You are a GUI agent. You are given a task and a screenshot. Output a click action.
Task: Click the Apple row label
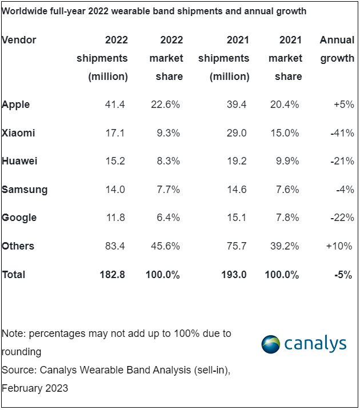[16, 104]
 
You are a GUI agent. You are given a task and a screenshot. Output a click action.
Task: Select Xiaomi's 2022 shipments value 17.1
[115, 133]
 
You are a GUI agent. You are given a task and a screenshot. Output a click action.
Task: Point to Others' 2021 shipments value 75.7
[235, 246]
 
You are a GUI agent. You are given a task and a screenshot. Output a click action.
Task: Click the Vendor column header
[19, 40]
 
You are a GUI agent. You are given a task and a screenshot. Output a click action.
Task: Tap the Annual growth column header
[337, 49]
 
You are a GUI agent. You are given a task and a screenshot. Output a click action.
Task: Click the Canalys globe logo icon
[271, 344]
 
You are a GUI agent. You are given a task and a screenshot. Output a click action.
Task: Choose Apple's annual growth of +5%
[344, 104]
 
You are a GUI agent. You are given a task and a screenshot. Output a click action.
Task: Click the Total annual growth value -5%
[344, 275]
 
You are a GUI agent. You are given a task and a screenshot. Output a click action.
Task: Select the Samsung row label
[25, 190]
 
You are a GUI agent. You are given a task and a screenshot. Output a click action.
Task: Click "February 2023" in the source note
[35, 388]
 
